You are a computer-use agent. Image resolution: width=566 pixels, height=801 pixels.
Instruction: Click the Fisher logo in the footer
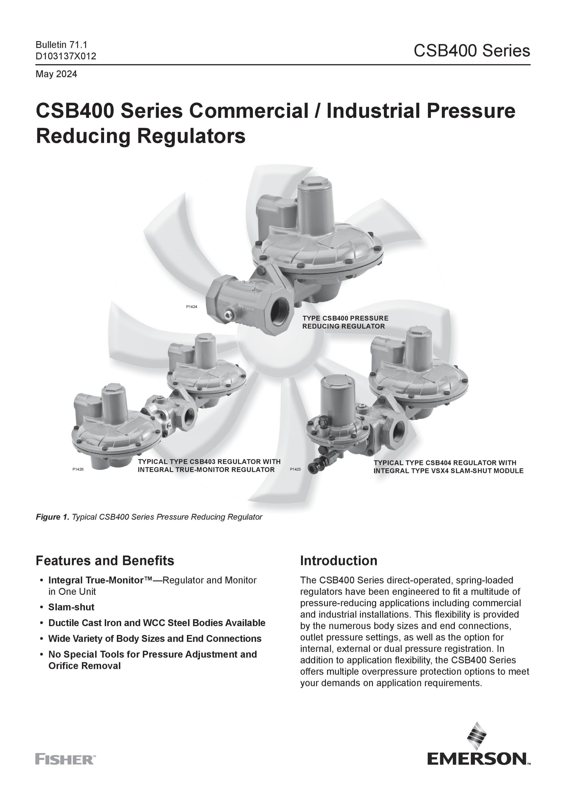pyautogui.click(x=65, y=759)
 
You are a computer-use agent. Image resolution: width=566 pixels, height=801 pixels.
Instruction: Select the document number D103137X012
pyautogui.click(x=66, y=56)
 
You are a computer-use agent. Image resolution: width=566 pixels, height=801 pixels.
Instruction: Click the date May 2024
pyautogui.click(x=56, y=74)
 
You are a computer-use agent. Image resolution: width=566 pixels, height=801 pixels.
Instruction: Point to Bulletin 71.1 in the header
pyautogui.click(x=61, y=45)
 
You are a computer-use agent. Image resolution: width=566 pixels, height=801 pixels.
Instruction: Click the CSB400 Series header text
pyautogui.click(x=472, y=51)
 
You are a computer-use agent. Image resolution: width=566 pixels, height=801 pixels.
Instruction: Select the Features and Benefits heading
pyautogui.click(x=105, y=561)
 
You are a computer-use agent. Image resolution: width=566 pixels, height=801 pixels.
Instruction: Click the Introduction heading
pyautogui.click(x=339, y=561)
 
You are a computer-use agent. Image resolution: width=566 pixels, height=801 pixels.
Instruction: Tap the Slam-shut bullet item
pyautogui.click(x=71, y=607)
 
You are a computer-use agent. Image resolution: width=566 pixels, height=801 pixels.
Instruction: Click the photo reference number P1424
pyautogui.click(x=191, y=307)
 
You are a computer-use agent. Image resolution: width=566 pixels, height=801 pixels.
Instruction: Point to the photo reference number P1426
pyautogui.click(x=78, y=469)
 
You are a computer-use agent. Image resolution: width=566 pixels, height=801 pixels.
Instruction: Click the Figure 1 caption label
pyautogui.click(x=53, y=517)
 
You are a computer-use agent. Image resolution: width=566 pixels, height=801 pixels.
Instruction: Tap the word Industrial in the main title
pyautogui.click(x=373, y=111)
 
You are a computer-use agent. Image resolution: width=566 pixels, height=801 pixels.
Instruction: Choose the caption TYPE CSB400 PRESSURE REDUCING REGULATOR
pyautogui.click(x=345, y=322)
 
